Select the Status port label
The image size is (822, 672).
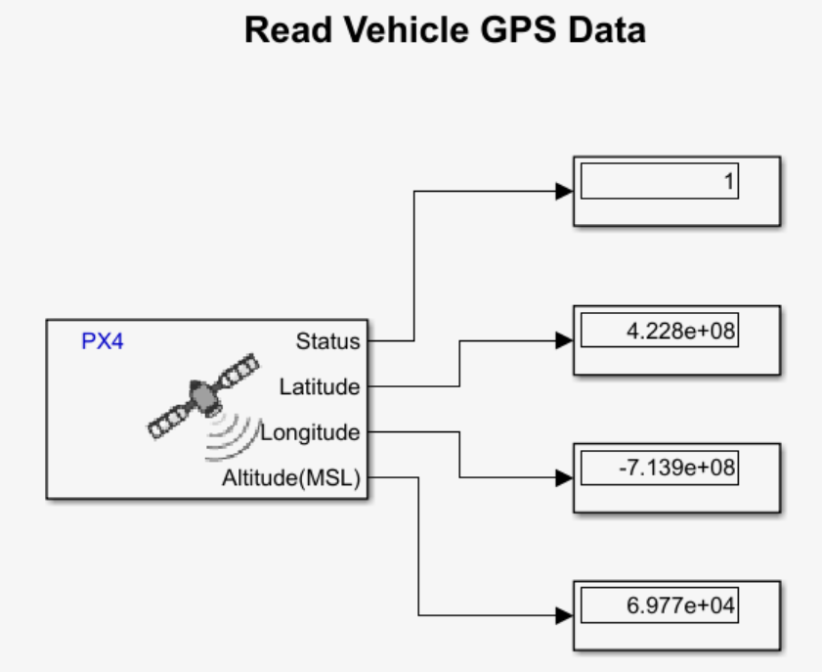pyautogui.click(x=327, y=342)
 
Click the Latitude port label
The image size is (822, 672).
pyautogui.click(x=320, y=387)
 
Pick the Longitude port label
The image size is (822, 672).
pyautogui.click(x=310, y=432)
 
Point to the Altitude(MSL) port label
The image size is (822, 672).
pyautogui.click(x=291, y=478)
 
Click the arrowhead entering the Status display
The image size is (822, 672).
pyautogui.click(x=564, y=192)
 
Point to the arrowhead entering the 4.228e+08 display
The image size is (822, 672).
pyautogui.click(x=564, y=340)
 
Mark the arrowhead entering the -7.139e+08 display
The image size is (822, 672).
pyautogui.click(x=564, y=478)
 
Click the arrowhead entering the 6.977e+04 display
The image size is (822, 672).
pyautogui.click(x=564, y=616)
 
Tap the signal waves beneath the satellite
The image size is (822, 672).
pyautogui.click(x=230, y=435)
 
